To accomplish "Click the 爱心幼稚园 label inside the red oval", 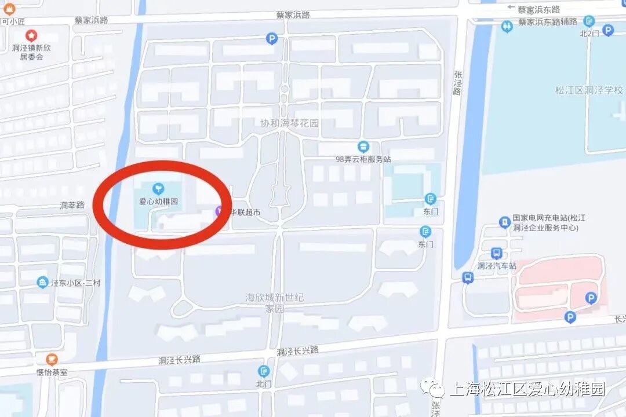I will [x=158, y=202].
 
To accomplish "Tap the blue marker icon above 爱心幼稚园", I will [x=158, y=188].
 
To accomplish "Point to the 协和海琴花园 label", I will [x=290, y=123].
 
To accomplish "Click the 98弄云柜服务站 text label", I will [x=363, y=159].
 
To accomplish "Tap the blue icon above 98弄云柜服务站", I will [x=363, y=147].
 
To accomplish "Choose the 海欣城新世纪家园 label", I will [x=275, y=303].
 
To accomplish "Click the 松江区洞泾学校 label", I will [x=589, y=90].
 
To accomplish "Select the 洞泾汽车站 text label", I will [x=496, y=266].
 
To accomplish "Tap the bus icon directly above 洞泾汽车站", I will [x=496, y=253].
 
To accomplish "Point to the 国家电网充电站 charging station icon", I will [x=505, y=222].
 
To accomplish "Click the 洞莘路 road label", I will [x=72, y=205].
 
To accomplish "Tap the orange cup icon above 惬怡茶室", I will [x=52, y=359].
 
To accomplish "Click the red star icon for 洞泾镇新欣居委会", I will [x=31, y=36].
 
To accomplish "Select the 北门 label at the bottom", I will [x=264, y=383].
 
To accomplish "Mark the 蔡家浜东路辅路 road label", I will [x=548, y=21].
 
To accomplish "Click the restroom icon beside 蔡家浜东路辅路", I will [x=507, y=26].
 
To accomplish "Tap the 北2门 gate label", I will [x=589, y=34].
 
